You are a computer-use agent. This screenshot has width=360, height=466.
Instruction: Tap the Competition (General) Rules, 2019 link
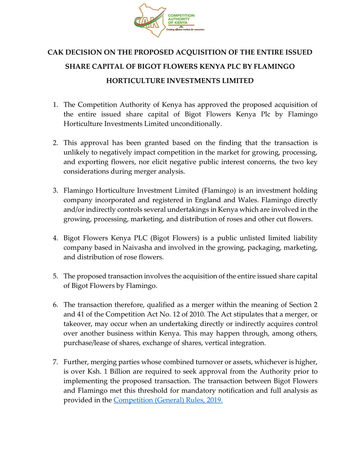click(x=168, y=400)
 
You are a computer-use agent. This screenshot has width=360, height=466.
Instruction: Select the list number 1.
click(x=56, y=105)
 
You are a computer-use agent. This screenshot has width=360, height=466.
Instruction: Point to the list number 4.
click(x=56, y=238)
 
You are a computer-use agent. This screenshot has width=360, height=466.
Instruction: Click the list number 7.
click(x=56, y=362)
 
